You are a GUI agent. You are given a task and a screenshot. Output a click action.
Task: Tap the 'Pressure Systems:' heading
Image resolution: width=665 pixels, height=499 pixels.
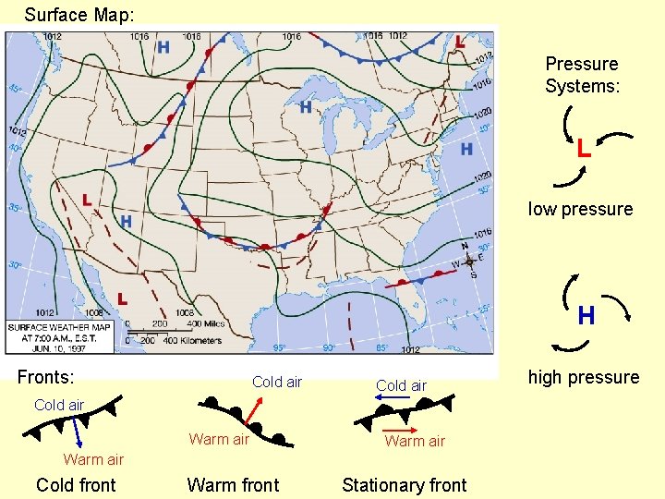pos(581,75)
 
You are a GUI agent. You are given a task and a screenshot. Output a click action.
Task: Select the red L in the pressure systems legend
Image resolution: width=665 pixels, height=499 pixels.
pos(584,148)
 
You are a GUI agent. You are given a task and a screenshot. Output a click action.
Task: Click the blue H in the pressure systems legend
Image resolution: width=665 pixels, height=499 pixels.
pos(586,316)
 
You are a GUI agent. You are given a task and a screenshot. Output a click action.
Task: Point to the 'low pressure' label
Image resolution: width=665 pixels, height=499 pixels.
pos(580,209)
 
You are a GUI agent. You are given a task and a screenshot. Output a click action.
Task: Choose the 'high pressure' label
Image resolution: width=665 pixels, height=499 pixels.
pos(583,377)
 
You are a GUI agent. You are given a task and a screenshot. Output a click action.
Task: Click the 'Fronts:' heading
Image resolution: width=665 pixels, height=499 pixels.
pos(46,377)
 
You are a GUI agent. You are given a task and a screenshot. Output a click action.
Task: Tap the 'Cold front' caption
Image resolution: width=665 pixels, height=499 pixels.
pos(76,485)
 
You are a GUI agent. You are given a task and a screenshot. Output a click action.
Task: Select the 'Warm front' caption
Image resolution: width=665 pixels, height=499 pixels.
pos(233,485)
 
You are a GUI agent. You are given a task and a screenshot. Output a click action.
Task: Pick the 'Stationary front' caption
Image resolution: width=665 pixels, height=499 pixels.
pos(405,485)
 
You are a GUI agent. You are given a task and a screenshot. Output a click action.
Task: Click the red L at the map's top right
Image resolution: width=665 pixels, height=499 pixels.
pos(460,42)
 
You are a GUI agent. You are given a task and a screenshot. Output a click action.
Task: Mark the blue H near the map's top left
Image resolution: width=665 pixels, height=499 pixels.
pos(163,47)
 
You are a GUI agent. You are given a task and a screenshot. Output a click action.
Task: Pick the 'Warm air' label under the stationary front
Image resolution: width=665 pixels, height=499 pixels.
pos(415,441)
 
